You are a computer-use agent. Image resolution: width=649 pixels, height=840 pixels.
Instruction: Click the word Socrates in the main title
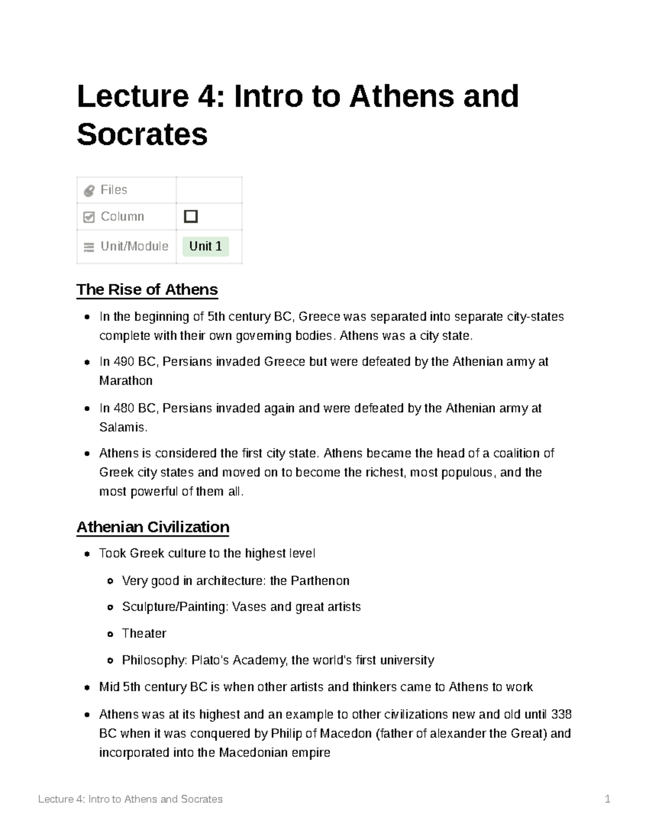pos(142,134)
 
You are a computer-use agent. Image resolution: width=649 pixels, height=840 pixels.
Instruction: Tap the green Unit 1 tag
pos(206,247)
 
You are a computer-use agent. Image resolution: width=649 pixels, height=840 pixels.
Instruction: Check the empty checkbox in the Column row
pos(191,216)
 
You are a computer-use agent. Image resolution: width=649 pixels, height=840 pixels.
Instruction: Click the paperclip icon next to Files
pos(89,190)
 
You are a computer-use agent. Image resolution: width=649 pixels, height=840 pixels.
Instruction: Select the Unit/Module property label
pos(134,247)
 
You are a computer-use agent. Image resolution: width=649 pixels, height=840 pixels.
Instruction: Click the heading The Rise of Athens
pos(147,289)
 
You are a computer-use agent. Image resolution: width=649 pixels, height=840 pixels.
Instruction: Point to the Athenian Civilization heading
pos(153,527)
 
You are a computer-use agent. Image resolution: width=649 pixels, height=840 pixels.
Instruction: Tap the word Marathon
pos(125,381)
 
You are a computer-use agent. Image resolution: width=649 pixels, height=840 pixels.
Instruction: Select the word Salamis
pos(123,427)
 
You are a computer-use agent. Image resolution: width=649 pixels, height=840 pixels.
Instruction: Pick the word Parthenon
pos(320,581)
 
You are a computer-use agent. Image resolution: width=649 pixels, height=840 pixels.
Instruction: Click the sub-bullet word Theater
pos(144,633)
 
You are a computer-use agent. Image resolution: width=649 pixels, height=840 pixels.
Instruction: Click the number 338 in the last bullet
pos(561,715)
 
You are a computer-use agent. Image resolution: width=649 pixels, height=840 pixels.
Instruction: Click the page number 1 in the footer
pos(607,799)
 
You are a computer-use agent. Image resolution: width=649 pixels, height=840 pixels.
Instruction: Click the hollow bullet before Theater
pos(110,634)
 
